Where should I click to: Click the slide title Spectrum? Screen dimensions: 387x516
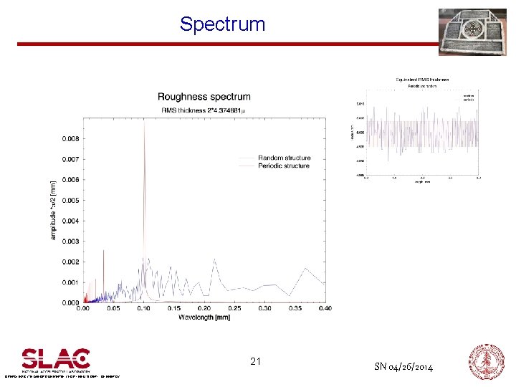(x=222, y=24)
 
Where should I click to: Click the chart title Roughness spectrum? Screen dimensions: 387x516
(x=204, y=97)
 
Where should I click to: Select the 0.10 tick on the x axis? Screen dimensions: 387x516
(x=144, y=308)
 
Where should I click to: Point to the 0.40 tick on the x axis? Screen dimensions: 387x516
(x=325, y=308)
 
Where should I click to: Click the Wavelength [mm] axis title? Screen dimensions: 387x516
(x=204, y=317)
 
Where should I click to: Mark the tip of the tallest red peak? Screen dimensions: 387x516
(x=144, y=120)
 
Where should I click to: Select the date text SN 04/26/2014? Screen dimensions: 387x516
(x=403, y=367)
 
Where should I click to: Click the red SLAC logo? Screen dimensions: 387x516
(x=56, y=358)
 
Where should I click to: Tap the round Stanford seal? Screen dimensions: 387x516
(x=486, y=360)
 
